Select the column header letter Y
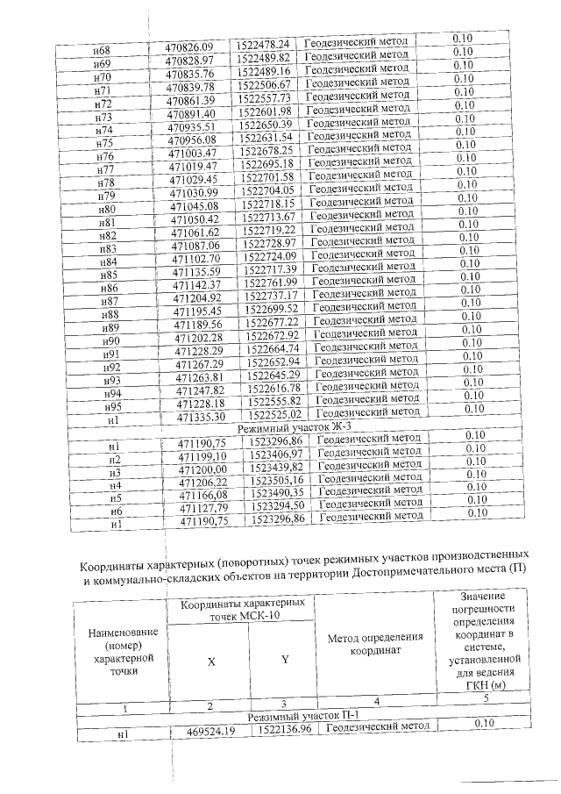pyautogui.click(x=284, y=661)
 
